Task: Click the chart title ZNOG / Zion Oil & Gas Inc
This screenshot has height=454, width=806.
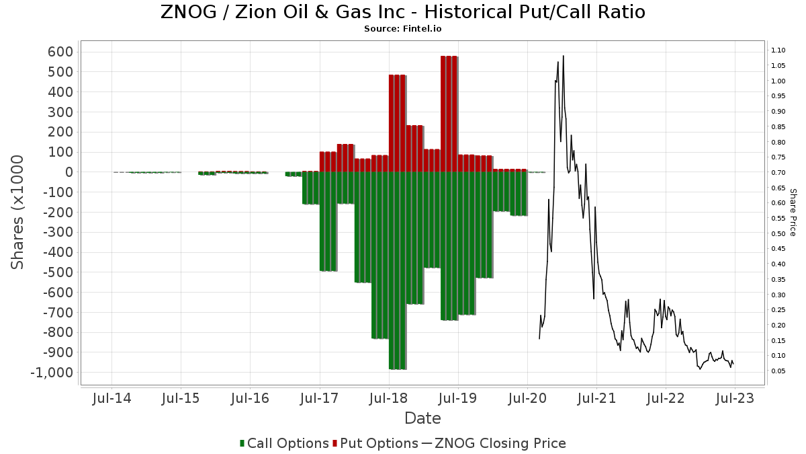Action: click(x=402, y=12)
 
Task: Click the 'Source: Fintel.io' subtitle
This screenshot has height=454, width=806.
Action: click(x=402, y=29)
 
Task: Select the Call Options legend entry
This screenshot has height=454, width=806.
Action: click(x=284, y=443)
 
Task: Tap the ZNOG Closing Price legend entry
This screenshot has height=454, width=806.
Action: click(x=494, y=443)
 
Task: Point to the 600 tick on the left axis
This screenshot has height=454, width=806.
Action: click(x=59, y=52)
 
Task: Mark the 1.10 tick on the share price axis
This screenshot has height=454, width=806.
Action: click(x=778, y=50)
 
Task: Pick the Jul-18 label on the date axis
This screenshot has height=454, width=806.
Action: click(x=388, y=398)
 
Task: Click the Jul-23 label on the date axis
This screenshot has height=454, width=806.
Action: click(x=733, y=398)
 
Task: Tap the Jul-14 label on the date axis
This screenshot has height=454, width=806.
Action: click(x=111, y=398)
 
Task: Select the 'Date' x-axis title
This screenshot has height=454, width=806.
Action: click(x=422, y=418)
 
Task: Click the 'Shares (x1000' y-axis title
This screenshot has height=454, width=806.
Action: click(x=18, y=212)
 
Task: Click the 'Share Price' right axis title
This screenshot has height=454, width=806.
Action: click(x=793, y=212)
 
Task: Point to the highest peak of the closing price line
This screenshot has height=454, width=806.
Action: click(x=563, y=56)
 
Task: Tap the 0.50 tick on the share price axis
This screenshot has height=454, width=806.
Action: click(x=778, y=233)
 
